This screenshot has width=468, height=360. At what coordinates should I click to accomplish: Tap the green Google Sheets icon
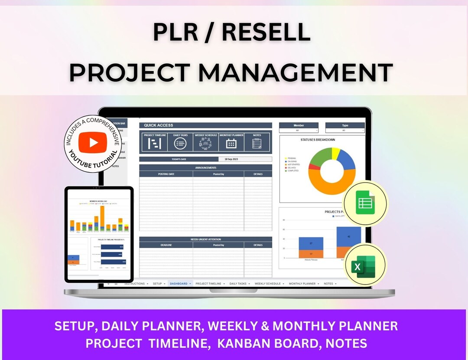(x=365, y=202)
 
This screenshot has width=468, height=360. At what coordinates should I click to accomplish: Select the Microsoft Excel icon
(x=364, y=265)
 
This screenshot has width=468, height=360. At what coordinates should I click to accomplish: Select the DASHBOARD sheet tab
(x=179, y=284)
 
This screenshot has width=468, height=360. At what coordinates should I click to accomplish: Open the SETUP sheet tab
(x=157, y=284)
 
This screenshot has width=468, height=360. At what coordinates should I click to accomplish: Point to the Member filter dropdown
(x=299, y=130)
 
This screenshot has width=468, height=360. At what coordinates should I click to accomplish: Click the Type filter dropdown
(x=345, y=130)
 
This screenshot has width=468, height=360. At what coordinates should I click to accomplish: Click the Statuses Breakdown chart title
(x=318, y=140)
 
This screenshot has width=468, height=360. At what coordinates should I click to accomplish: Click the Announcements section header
(x=205, y=167)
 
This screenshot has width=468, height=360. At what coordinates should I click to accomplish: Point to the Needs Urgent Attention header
(x=205, y=239)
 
